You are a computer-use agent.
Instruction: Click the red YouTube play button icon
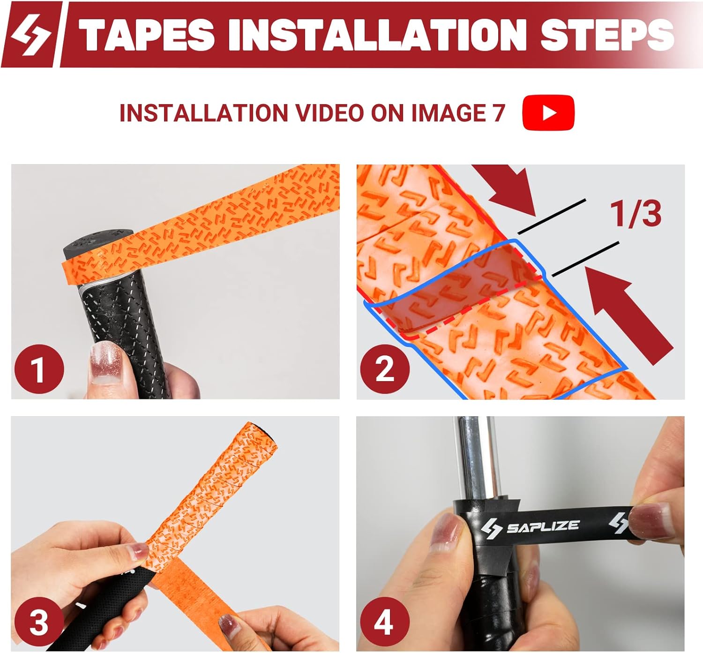point(548,113)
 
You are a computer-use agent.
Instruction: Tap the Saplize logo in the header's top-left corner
point(31,34)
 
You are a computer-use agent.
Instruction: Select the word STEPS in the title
point(606,35)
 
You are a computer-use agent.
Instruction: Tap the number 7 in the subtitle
point(498,113)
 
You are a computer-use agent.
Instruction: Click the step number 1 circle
point(39,369)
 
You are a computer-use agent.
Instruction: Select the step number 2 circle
point(384,368)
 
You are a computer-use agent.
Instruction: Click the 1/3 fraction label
point(636,214)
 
